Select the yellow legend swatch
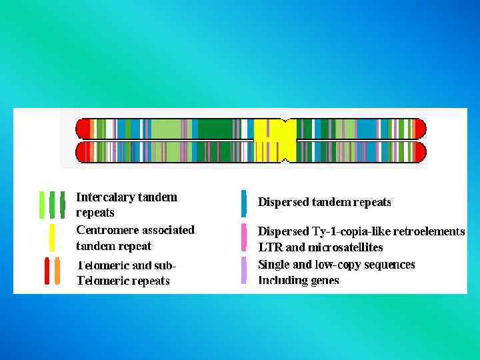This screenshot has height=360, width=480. [x=52, y=238]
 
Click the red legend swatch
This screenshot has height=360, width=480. [x=47, y=271]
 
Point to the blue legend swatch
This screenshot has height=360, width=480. [x=244, y=203]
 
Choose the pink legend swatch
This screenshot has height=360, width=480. [x=244, y=237]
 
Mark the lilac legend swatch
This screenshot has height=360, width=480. [x=244, y=270]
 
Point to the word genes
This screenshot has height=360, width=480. [x=325, y=281]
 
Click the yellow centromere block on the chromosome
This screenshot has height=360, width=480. [x=274, y=141]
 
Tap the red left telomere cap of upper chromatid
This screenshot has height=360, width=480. [x=83, y=129]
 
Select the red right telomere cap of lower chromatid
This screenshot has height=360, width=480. [x=420, y=153]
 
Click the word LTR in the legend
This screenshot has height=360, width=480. [x=270, y=247]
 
